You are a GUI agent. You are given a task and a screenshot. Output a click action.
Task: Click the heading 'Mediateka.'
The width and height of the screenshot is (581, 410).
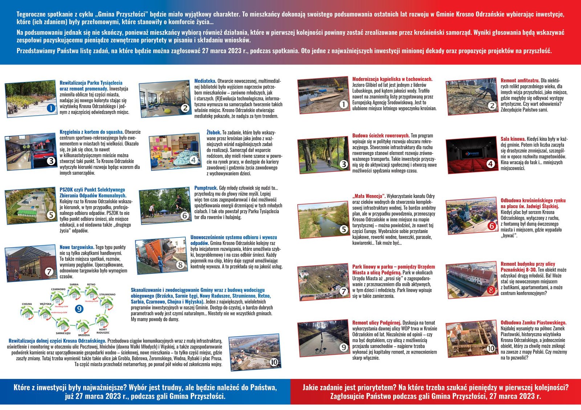[x=205, y=81]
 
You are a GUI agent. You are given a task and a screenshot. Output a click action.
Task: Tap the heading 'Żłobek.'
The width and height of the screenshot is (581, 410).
[x=214, y=132]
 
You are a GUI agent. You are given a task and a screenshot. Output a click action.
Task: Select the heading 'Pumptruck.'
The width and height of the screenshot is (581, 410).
[x=206, y=188]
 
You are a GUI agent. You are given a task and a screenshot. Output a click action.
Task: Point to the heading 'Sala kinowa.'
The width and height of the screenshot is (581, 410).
[x=513, y=139]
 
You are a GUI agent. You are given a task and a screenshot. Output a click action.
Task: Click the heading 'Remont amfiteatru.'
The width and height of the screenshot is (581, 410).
[x=520, y=80]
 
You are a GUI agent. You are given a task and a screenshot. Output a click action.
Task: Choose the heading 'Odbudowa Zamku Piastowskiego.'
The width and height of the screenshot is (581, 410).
[x=533, y=323]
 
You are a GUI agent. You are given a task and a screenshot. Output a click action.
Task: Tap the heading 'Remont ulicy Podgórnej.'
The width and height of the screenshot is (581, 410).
[x=377, y=323]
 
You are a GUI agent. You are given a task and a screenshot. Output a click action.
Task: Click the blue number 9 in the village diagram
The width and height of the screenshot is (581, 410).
[x=79, y=309]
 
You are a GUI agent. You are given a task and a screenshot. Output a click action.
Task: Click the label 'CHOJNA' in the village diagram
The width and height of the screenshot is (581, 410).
[x=27, y=304]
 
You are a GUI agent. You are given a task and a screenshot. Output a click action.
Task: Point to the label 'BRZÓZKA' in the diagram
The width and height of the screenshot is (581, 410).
[x=84, y=335]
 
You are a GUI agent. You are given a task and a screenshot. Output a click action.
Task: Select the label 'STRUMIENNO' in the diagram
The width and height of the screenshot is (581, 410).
[x=107, y=294]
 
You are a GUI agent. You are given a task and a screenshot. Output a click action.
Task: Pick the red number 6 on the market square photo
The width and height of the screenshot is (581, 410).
[x=491, y=226]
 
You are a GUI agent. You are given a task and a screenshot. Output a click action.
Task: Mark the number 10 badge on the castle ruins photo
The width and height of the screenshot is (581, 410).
[x=491, y=348]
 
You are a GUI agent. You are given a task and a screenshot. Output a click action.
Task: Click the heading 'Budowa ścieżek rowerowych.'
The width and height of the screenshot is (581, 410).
[x=381, y=136]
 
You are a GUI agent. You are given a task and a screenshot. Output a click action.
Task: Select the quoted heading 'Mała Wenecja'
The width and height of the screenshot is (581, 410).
[x=369, y=196]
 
